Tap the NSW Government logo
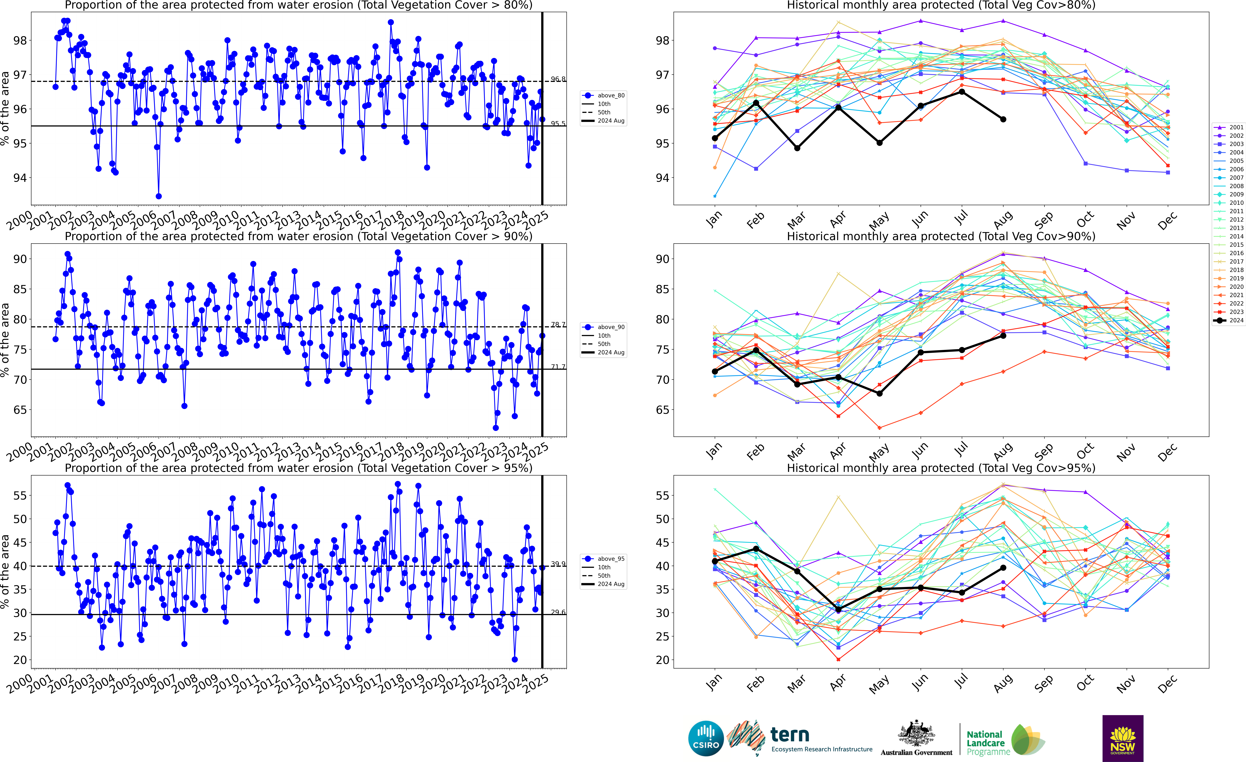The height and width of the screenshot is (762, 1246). [x=1123, y=738]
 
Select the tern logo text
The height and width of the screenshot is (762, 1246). [x=790, y=734]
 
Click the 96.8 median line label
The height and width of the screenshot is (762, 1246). [x=558, y=79]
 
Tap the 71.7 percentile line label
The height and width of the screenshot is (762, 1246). [x=558, y=367]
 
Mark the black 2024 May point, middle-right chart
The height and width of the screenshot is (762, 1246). [x=879, y=393]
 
